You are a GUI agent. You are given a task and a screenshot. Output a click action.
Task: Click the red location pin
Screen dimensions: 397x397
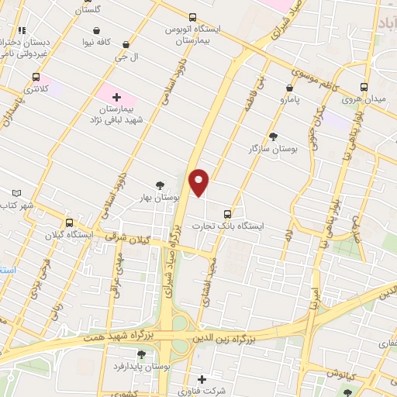pos(199,181)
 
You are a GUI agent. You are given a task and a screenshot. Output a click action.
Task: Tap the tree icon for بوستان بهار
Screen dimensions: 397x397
pos(160,185)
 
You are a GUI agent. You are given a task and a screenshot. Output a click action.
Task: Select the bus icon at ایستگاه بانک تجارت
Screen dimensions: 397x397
pos(227,212)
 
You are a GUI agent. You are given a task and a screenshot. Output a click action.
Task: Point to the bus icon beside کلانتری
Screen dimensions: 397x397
pos(36,78)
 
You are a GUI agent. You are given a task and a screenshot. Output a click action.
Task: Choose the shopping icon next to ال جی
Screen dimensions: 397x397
pos(125,46)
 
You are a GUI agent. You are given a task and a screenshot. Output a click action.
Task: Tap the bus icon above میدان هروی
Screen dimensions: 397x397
pos(364,88)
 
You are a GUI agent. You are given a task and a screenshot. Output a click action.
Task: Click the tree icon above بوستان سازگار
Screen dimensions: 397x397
pos(272,136)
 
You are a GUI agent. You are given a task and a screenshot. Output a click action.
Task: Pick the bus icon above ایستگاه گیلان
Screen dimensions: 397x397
pos(69,222)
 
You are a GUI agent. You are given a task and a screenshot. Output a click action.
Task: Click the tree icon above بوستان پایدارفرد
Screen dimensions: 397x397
pos(140,354)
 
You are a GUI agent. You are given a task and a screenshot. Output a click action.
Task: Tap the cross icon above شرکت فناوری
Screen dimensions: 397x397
pos(202,379)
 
